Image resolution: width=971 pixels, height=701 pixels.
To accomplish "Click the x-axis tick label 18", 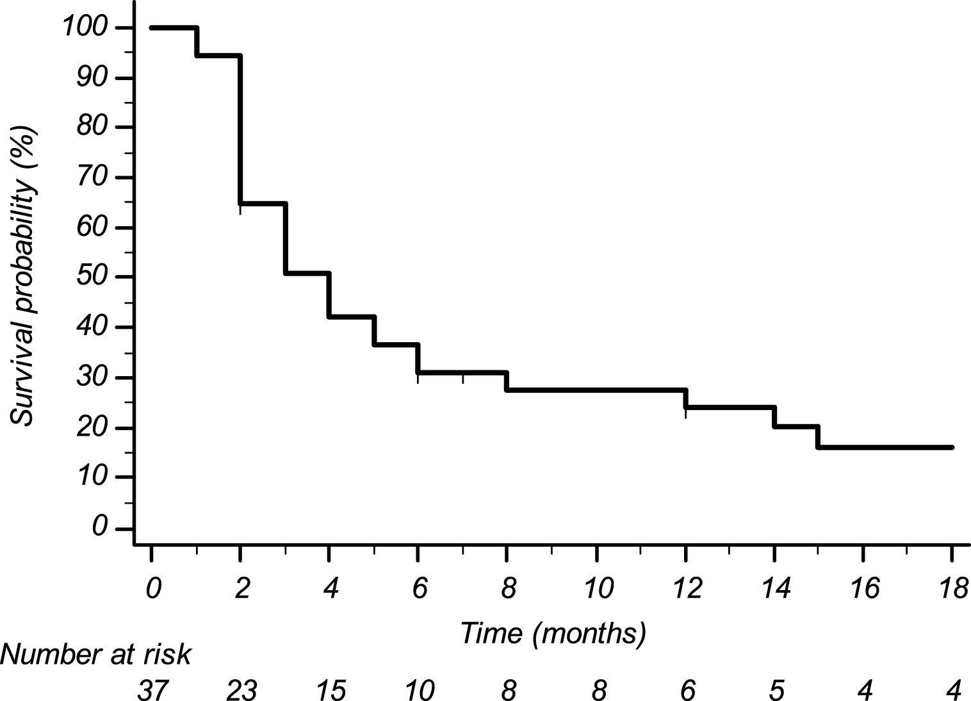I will coord(952,588).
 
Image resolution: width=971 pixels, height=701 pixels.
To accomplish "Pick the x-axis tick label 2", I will coord(241,588).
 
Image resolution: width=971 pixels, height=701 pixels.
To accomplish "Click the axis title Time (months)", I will coord(553,633).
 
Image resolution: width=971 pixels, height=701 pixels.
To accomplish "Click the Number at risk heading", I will coord(96,656).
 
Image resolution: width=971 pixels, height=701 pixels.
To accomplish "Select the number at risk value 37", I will coord(152,690).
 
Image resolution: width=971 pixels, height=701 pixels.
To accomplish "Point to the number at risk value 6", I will coord(687,690).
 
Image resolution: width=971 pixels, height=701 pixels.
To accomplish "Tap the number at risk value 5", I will coord(775,690).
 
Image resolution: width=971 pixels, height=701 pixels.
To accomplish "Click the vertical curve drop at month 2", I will coord(240,128).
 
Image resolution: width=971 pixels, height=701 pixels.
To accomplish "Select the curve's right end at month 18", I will coord(952,447).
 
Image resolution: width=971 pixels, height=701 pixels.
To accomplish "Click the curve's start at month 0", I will coord(152,28).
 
